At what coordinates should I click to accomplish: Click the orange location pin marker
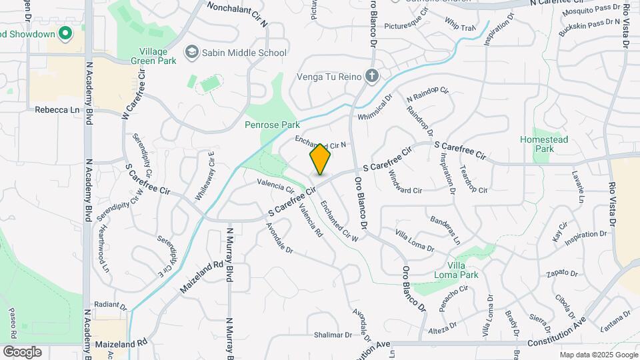320,159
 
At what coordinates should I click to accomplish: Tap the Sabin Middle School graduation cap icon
192,53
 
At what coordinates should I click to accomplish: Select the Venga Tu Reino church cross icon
372,77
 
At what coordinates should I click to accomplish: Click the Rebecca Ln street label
57,110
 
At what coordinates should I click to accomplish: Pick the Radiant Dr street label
111,307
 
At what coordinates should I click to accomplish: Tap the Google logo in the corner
22,352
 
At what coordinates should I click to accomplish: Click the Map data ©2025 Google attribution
598,355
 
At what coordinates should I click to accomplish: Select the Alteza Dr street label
442,330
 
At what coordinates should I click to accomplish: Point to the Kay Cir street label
559,232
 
